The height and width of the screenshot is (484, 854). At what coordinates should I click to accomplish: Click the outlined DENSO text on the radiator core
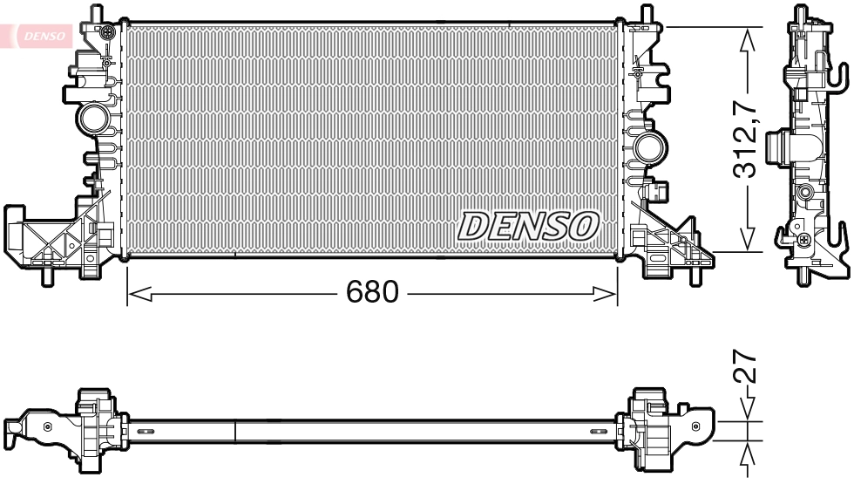[528, 226]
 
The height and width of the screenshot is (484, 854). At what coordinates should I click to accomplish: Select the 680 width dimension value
[372, 291]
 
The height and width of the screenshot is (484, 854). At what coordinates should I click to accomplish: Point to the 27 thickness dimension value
[742, 368]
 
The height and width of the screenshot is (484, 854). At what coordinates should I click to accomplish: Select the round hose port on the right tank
[647, 146]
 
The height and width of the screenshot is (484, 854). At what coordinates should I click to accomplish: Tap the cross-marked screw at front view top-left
[106, 33]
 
